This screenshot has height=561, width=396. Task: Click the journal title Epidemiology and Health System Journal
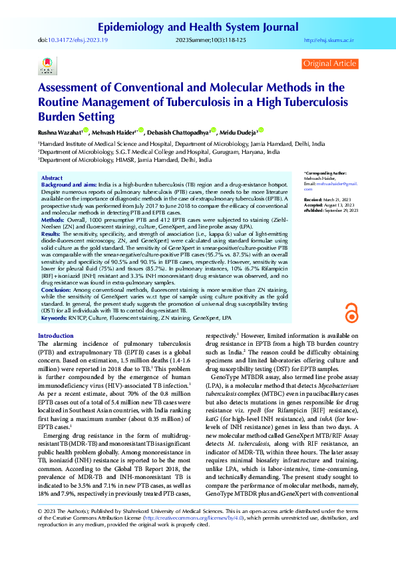[198, 27]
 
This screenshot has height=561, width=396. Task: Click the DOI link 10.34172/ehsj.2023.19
[79, 41]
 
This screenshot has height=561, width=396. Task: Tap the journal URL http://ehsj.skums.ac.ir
[328, 41]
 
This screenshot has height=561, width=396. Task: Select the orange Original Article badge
[329, 63]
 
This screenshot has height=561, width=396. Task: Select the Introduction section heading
[56, 336]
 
